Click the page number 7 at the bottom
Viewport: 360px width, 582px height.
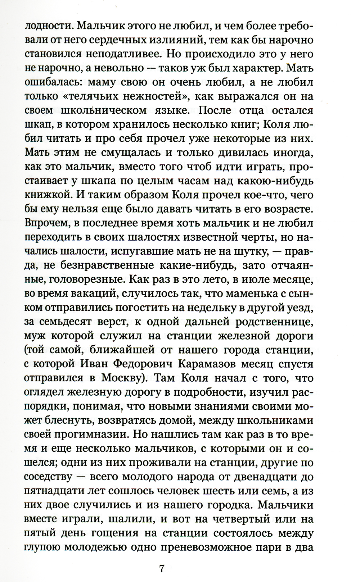pos(162,559)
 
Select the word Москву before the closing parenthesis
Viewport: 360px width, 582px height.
pos(122,378)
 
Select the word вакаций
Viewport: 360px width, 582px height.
pos(93,294)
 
